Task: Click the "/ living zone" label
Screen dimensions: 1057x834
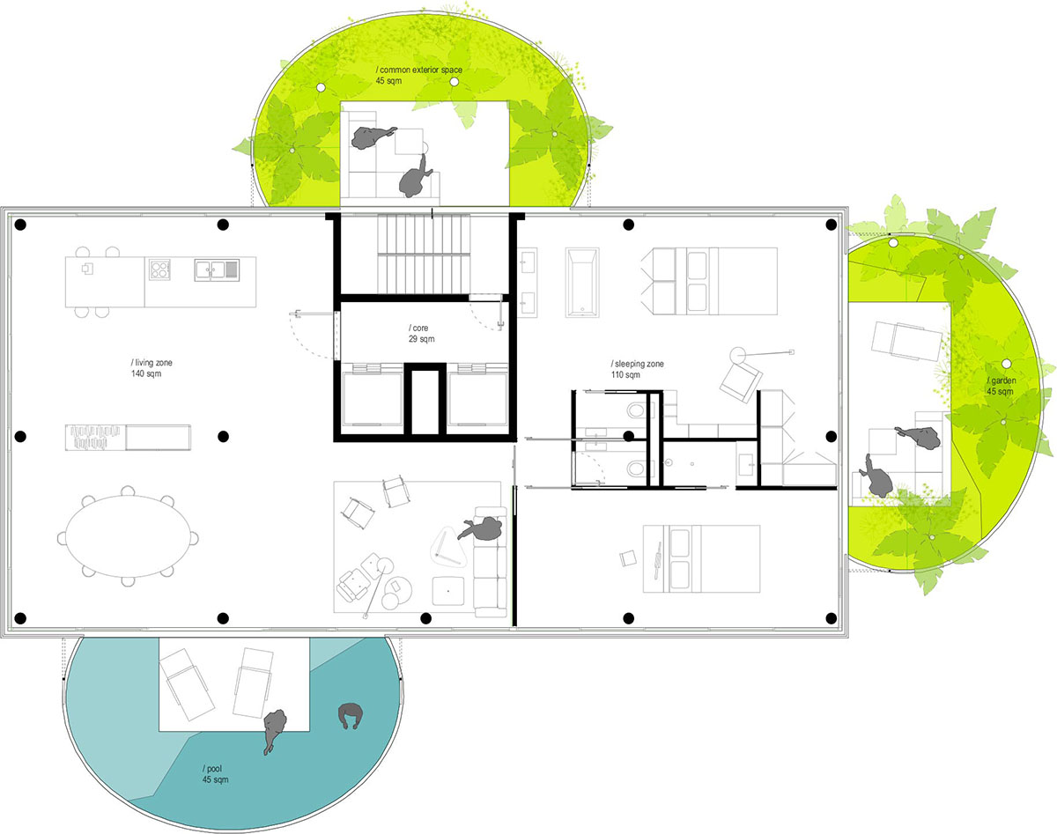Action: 152,363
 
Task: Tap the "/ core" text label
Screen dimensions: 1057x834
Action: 418,328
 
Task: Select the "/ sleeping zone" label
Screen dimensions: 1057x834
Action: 637,364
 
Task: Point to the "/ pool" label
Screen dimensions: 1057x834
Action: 212,769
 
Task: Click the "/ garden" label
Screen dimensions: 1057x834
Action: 1002,380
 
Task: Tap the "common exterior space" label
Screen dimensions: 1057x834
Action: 421,70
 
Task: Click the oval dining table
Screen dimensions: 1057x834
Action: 129,536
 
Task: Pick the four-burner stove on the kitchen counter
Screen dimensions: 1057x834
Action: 159,269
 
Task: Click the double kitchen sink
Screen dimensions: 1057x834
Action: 217,269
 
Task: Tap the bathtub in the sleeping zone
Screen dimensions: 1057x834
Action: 582,282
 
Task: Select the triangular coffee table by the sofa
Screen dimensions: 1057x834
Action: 448,547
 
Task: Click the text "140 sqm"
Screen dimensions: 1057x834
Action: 146,373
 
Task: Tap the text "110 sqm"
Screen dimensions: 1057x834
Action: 625,375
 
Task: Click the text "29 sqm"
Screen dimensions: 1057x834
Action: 421,339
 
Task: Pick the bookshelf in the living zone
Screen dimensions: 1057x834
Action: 128,437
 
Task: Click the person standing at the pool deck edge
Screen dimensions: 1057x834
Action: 274,730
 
